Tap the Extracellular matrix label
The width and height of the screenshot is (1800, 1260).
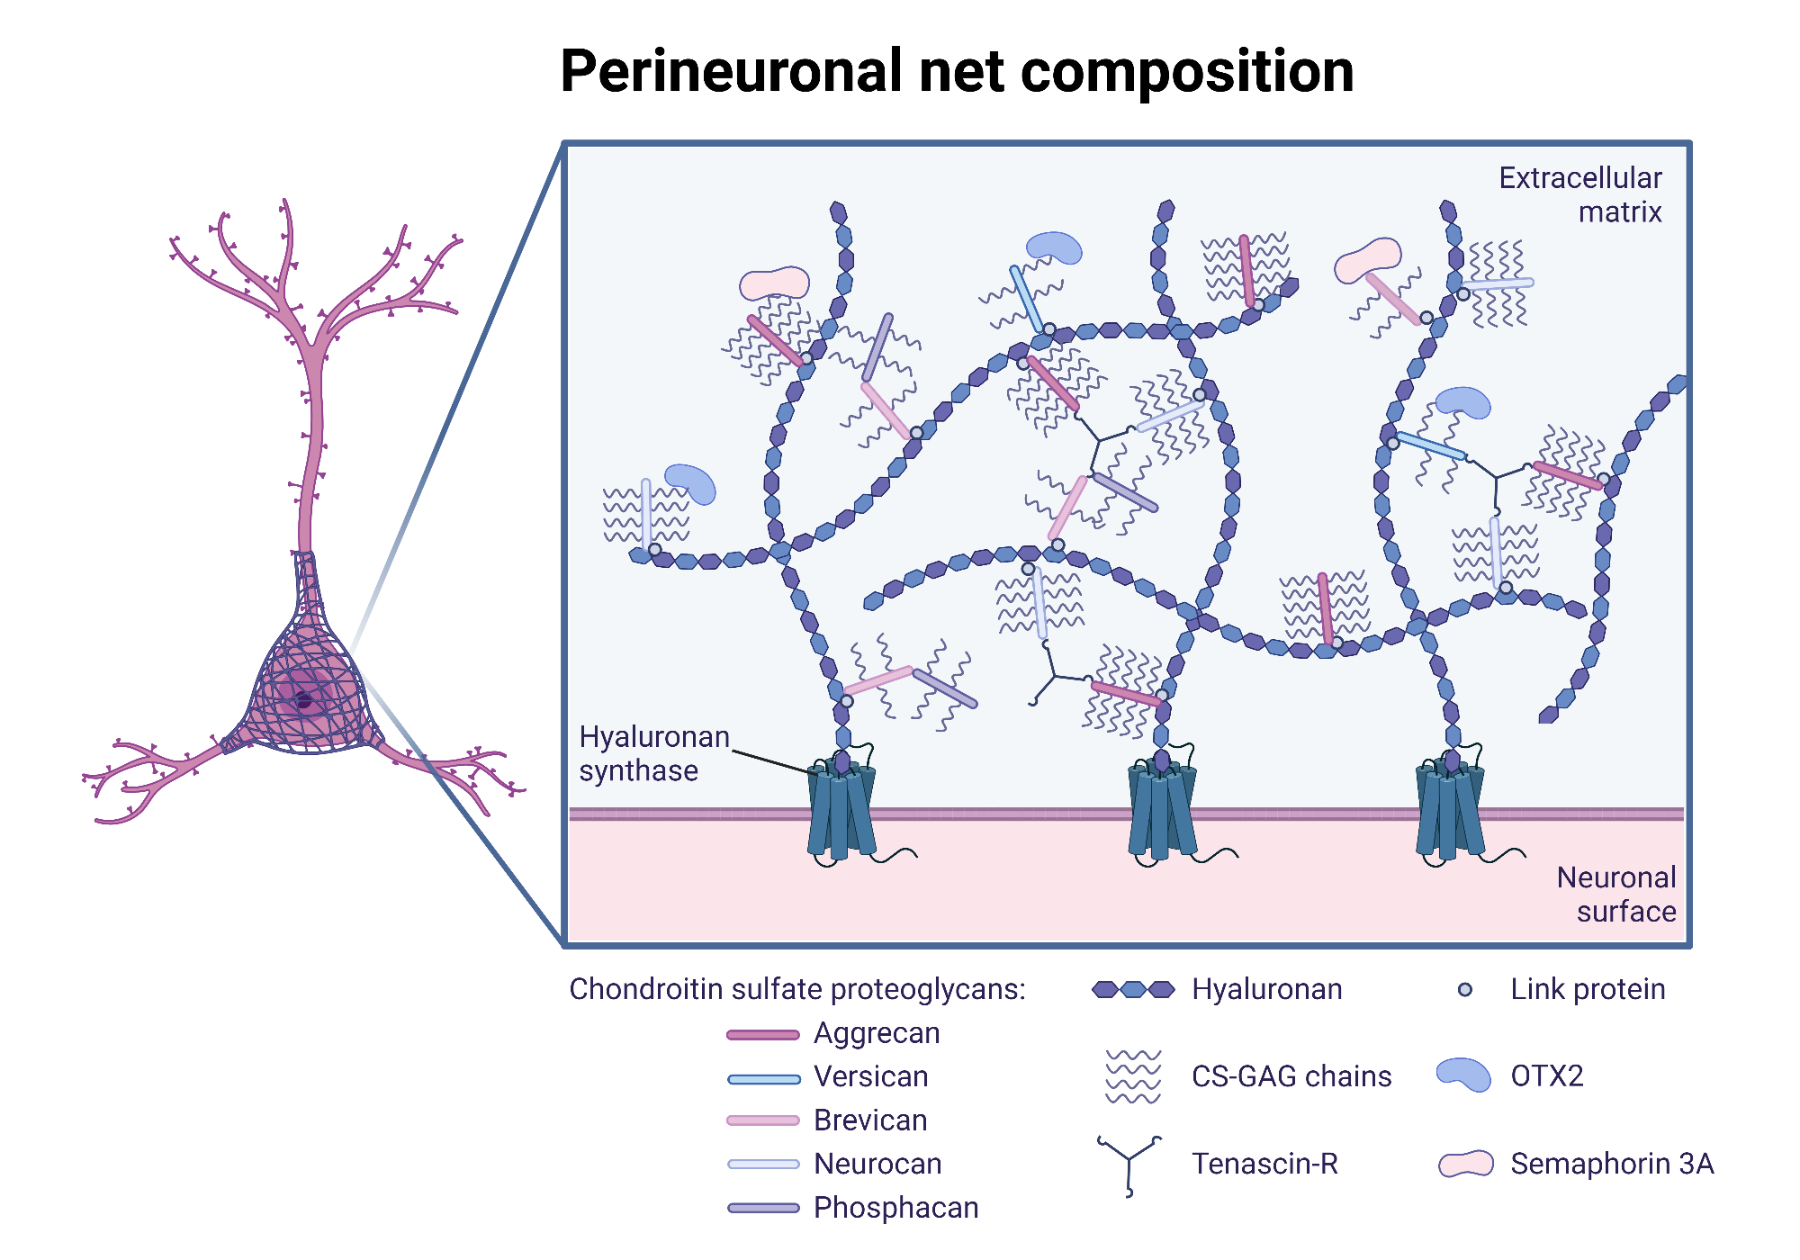pos(1580,194)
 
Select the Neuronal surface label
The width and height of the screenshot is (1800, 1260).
pos(1616,895)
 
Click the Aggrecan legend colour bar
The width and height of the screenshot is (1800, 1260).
pos(763,1035)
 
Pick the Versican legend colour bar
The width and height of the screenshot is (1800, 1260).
pos(763,1078)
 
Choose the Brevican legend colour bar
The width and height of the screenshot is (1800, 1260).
pos(763,1121)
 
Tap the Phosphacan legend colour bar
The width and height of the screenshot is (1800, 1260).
pos(763,1209)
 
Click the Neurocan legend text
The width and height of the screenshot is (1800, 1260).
pos(877,1165)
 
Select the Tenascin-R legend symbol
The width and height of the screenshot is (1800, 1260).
pos(1129,1163)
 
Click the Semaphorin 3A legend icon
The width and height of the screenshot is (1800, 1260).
pos(1465,1164)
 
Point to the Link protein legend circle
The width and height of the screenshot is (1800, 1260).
pos(1465,990)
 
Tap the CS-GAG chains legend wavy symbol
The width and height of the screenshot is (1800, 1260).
pos(1133,1076)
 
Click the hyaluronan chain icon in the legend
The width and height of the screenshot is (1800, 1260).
pos(1133,990)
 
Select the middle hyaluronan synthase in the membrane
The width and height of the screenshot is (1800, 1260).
pos(1161,810)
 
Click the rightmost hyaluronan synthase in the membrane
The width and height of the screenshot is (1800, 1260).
pos(1449,810)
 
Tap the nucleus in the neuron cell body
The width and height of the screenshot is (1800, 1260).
pos(304,700)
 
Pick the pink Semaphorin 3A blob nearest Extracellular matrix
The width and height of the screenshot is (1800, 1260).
pos(1368,259)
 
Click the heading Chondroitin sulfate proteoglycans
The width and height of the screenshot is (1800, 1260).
pos(797,990)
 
